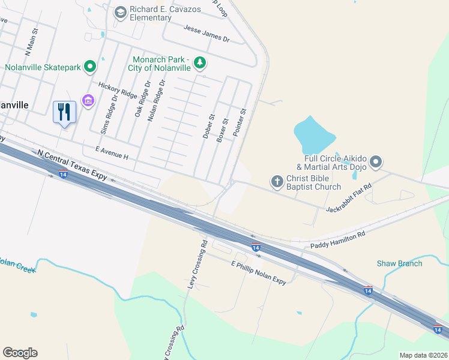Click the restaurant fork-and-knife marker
pyautogui.click(x=65, y=112)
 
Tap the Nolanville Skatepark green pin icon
pyautogui.click(x=89, y=67)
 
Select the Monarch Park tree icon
pyautogui.click(x=200, y=62)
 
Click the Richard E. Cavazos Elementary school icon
pyautogui.click(x=120, y=12)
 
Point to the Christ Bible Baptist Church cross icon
pyautogui.click(x=277, y=181)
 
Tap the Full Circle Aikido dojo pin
pyautogui.click(x=376, y=161)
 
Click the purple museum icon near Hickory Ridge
pyautogui.click(x=88, y=100)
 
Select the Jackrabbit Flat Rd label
pyautogui.click(x=349, y=199)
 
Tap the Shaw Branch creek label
pyautogui.click(x=399, y=263)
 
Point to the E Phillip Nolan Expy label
pyautogui.click(x=259, y=273)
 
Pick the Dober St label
pyautogui.click(x=208, y=127)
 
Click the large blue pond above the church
pyautogui.click(x=314, y=135)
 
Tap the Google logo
pyautogui.click(x=20, y=353)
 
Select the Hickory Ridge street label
pyautogui.click(x=118, y=90)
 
